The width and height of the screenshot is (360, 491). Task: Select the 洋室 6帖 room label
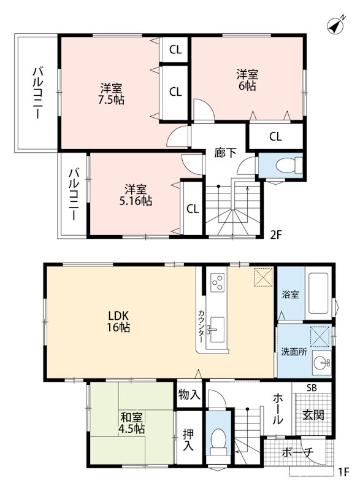point(248,80)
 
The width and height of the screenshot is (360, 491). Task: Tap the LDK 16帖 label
point(120,321)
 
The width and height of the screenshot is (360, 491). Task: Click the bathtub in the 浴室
point(320,293)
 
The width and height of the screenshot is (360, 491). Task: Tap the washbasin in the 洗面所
point(321,361)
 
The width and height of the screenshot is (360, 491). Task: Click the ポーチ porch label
point(298,453)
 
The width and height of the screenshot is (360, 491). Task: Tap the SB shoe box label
point(312,387)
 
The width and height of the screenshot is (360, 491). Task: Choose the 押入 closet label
point(188,439)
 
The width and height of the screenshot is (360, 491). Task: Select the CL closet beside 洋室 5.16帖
point(193,209)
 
